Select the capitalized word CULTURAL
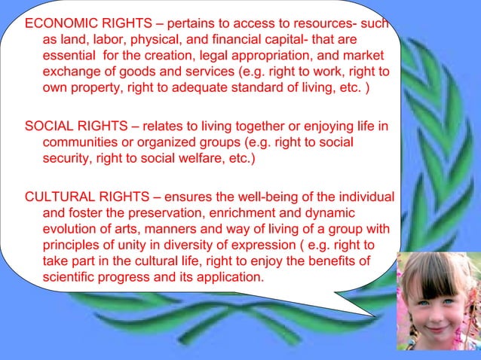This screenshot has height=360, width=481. pos(60,198)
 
